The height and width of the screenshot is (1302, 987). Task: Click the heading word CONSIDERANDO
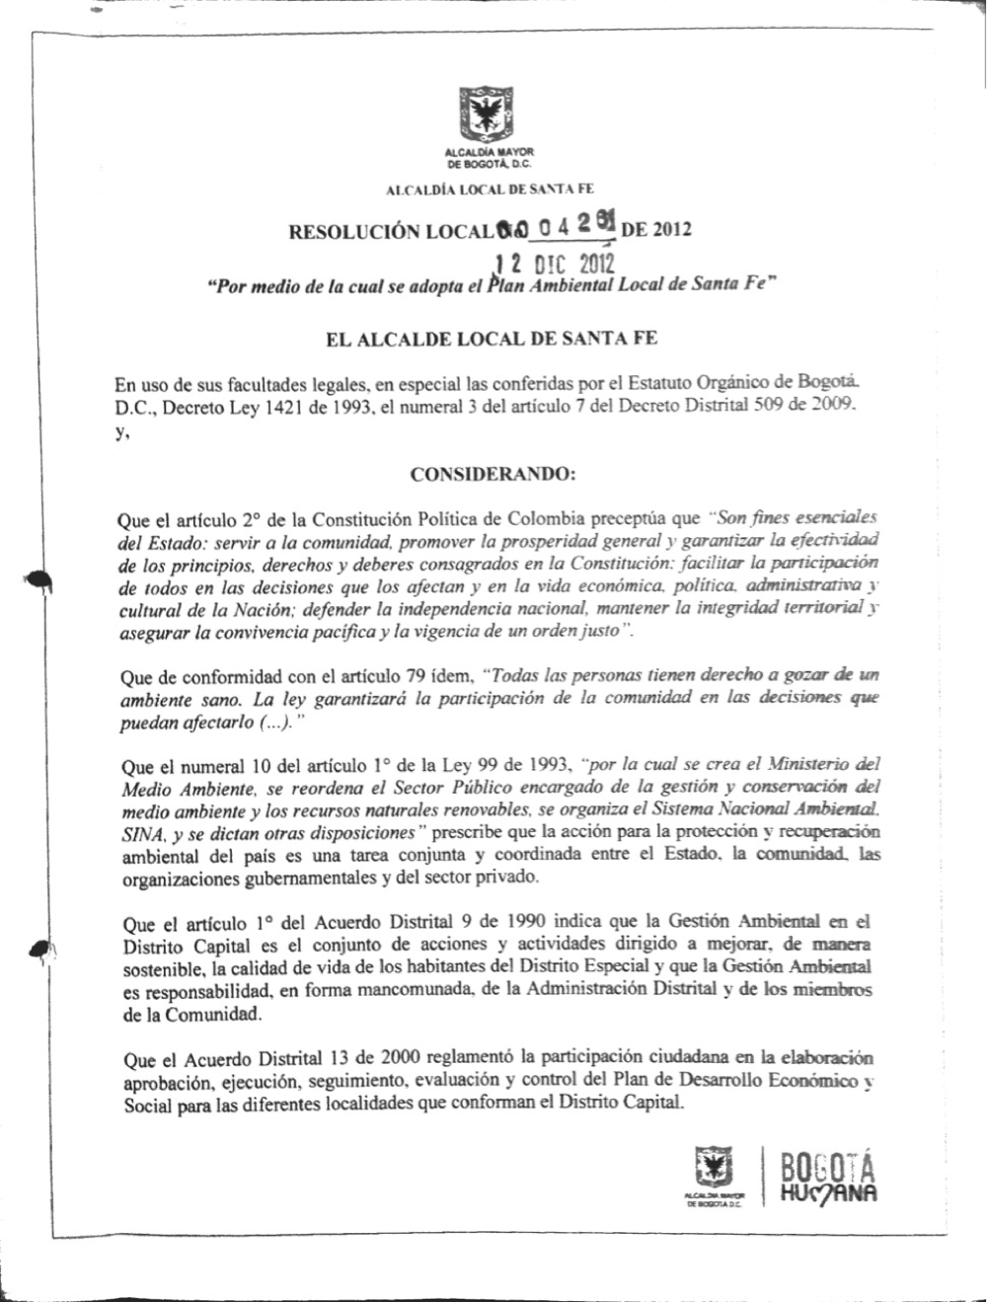point(492,475)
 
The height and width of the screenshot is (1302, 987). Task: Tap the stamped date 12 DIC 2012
point(555,265)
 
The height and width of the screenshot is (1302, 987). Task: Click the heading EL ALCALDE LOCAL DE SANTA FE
point(492,339)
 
